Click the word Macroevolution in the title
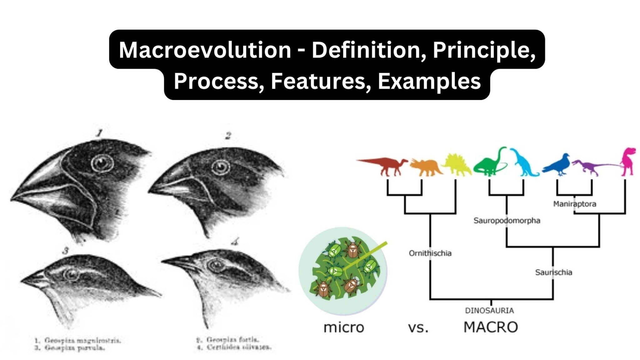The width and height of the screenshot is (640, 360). click(x=205, y=50)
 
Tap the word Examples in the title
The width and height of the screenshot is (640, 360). click(x=429, y=81)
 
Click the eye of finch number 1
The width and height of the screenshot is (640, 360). click(x=102, y=163)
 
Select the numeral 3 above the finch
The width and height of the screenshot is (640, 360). click(x=65, y=251)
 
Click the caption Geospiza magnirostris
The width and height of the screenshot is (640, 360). click(x=78, y=340)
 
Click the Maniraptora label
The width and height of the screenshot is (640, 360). click(x=574, y=204)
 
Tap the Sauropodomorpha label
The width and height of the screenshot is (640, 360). click(x=507, y=221)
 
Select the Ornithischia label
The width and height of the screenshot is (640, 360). click(x=430, y=253)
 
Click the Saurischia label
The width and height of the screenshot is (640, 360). click(x=553, y=272)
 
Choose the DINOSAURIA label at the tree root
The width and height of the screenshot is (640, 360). click(x=489, y=310)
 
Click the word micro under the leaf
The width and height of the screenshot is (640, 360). click(x=344, y=327)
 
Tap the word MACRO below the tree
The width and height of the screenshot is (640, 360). click(x=490, y=327)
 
